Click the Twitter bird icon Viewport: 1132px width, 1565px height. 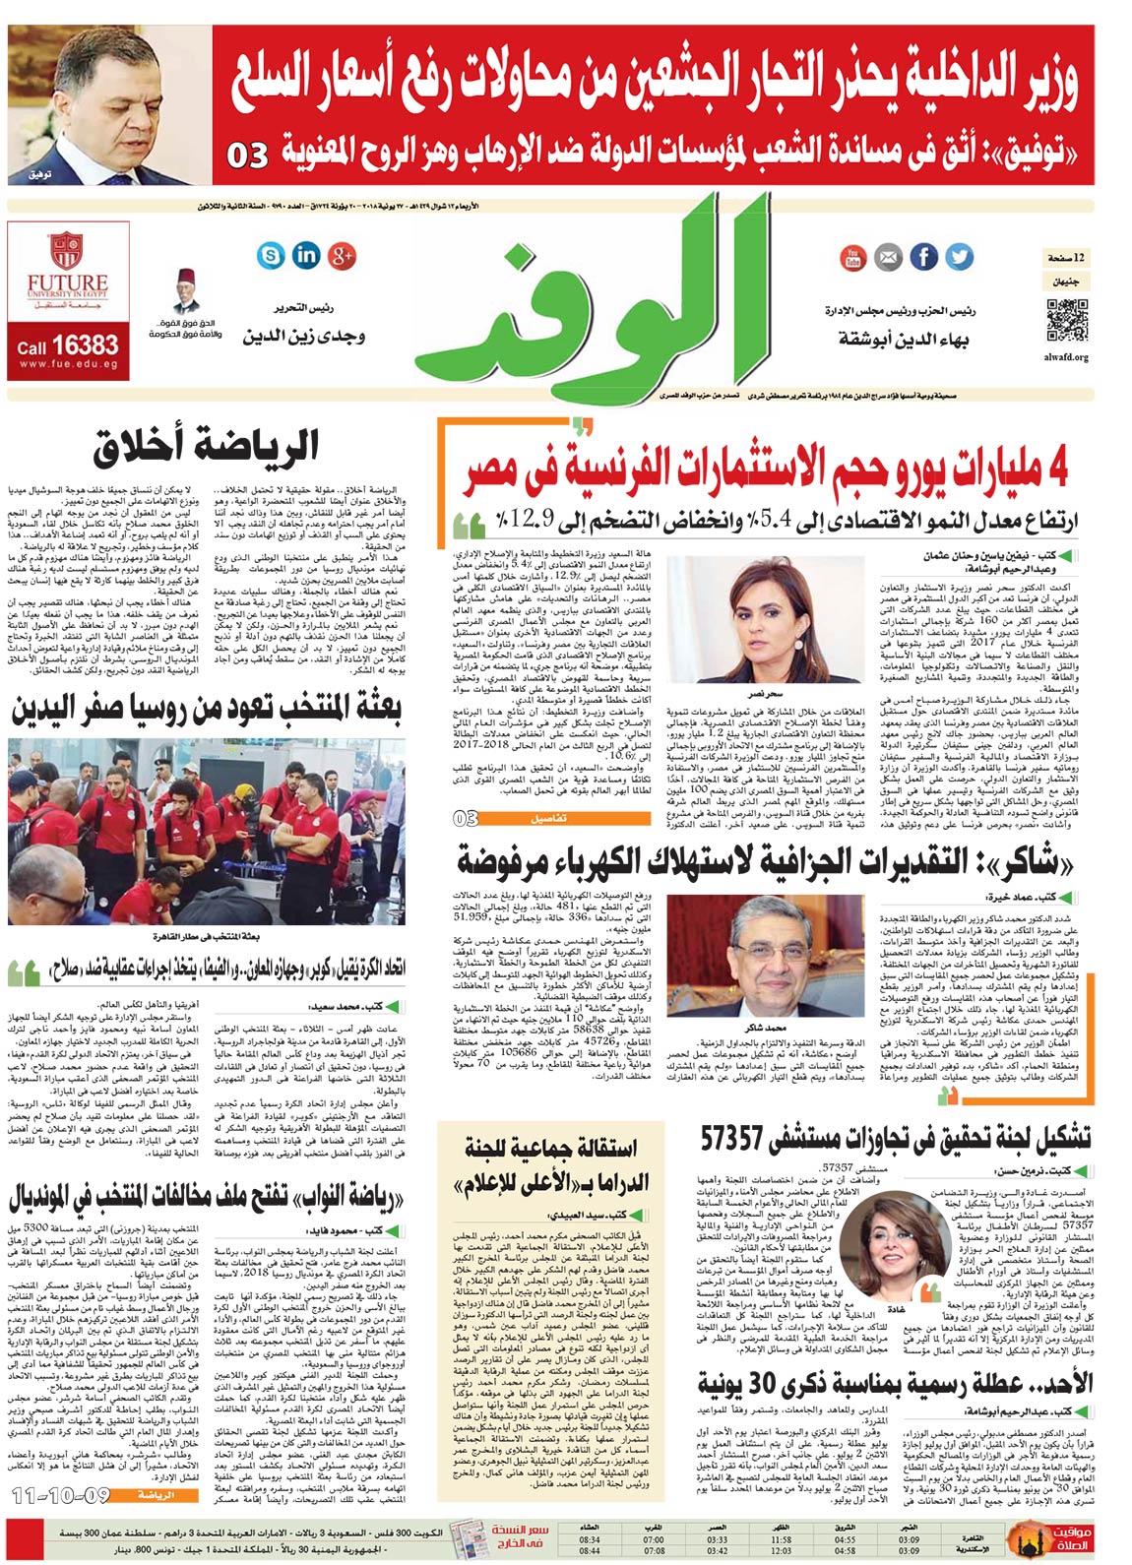[x=958, y=258]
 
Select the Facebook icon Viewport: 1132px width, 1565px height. [x=923, y=258]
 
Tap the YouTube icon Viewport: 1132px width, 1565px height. [x=852, y=258]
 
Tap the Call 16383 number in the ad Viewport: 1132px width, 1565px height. [x=67, y=345]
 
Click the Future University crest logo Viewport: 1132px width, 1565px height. [x=67, y=252]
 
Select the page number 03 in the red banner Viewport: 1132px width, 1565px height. [x=247, y=156]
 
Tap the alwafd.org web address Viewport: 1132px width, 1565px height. [x=1067, y=357]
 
